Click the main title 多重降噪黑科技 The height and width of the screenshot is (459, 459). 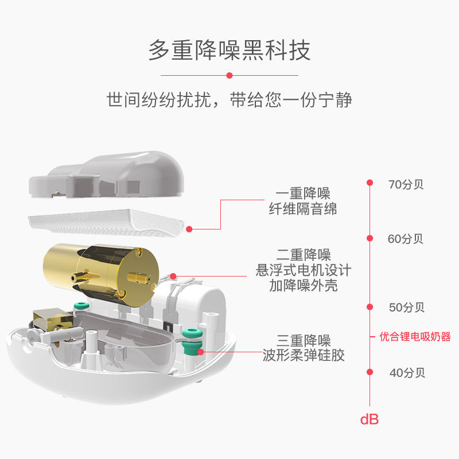229,50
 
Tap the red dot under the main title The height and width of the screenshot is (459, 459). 229,75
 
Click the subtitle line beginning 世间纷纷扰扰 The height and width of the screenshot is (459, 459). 229,100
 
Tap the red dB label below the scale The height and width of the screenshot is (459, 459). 369,419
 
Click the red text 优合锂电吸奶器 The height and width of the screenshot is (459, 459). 415,337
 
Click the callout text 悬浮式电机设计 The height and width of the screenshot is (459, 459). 303,270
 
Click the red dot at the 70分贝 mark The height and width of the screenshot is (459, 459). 370,183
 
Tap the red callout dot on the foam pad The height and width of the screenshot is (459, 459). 189,228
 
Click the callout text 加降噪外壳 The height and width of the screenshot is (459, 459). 303,285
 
